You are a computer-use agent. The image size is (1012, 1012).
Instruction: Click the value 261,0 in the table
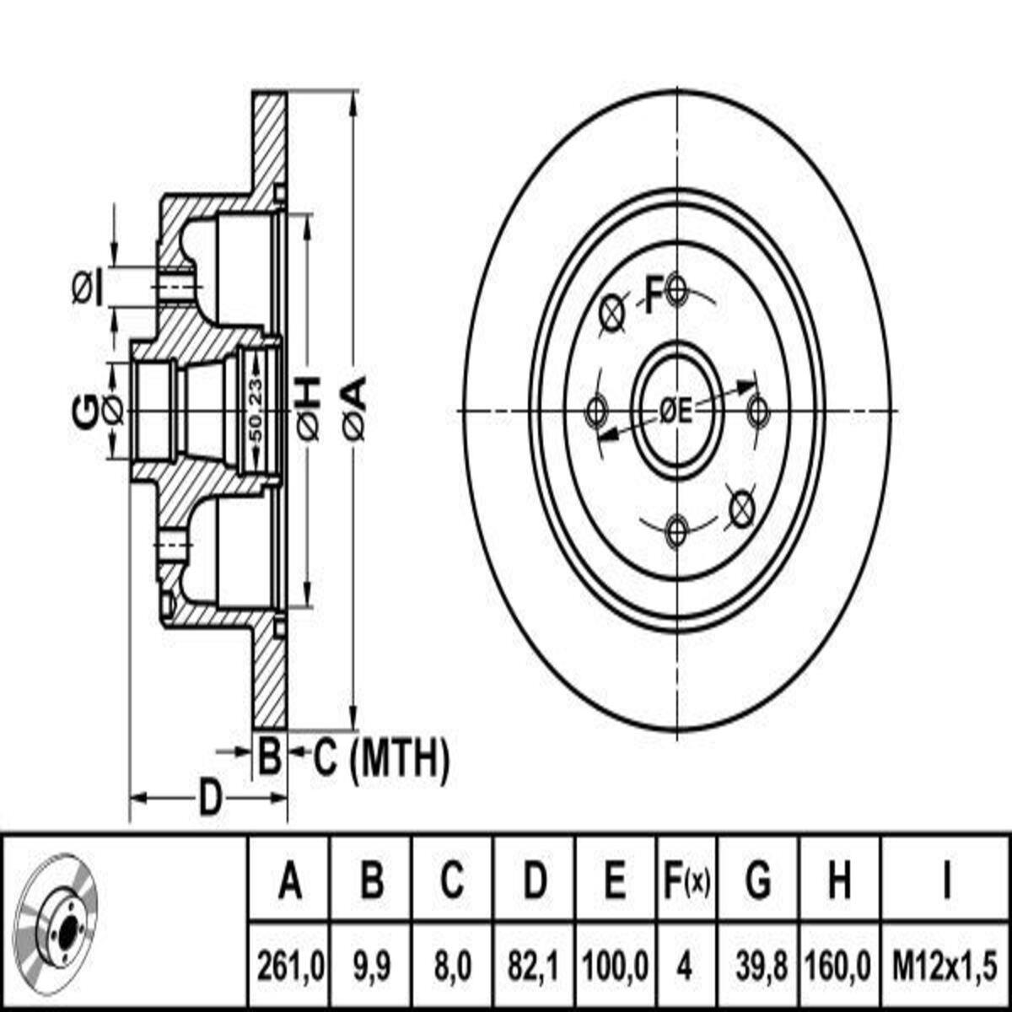290,967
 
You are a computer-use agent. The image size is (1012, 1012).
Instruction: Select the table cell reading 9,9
372,967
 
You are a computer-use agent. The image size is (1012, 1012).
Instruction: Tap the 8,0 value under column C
453,967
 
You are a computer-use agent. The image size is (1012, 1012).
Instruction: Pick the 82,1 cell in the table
534,967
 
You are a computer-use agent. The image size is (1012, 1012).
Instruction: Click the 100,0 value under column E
616,967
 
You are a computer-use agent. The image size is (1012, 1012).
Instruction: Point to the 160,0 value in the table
839,967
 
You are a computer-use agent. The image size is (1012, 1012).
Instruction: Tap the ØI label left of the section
87,288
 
